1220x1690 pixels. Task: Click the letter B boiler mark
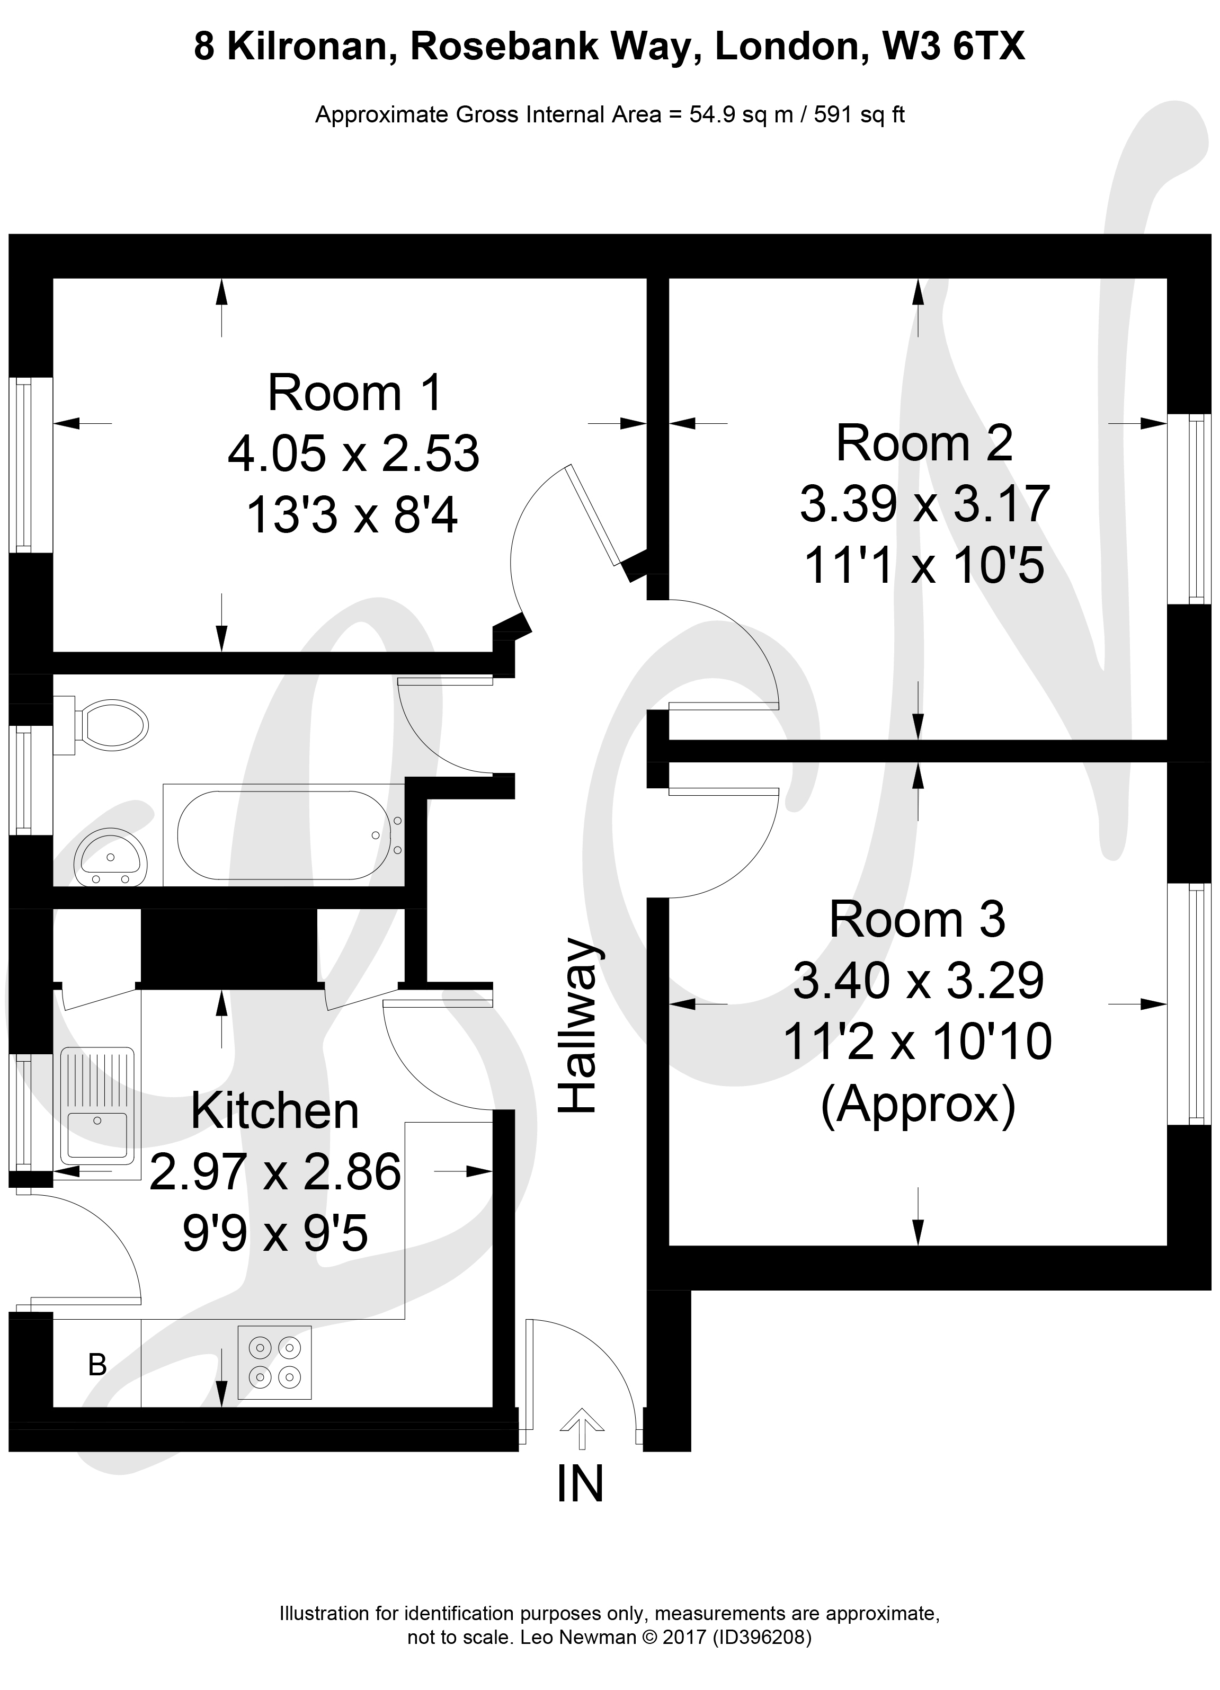97,1364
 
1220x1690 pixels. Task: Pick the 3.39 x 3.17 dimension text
925,504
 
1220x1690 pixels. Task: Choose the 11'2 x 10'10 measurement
918,1041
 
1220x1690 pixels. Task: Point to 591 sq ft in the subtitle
859,115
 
